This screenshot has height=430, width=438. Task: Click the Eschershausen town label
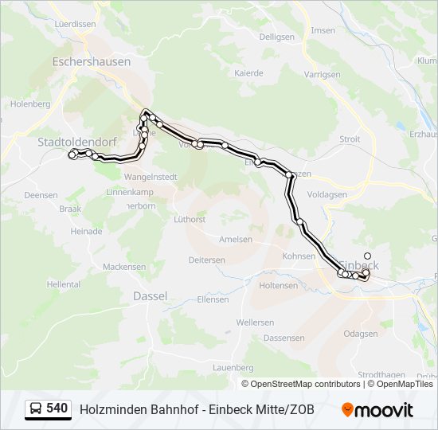point(85,61)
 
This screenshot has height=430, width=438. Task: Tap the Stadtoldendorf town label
point(77,142)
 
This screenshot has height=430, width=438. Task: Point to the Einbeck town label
point(360,264)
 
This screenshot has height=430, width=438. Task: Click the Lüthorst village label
point(190,219)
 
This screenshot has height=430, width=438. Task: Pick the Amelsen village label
point(236,239)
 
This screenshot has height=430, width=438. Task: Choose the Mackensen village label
point(123,267)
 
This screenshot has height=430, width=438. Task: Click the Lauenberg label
point(233,368)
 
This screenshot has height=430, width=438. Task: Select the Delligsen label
point(276,37)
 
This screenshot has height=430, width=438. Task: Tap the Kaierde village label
point(248,72)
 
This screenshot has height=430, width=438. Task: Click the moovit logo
point(377,409)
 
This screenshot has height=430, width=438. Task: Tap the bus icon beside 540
point(36,409)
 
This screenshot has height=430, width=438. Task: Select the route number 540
point(57,408)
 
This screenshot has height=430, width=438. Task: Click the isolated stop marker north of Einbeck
point(367,256)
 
